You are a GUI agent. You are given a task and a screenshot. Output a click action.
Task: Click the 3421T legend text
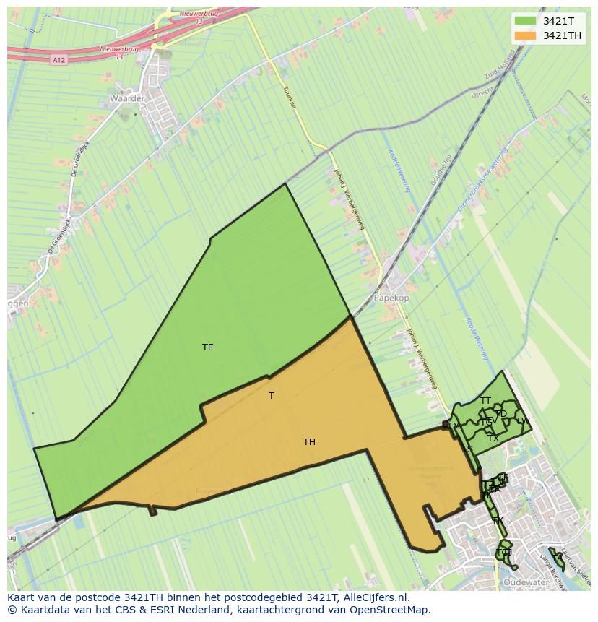point(558,21)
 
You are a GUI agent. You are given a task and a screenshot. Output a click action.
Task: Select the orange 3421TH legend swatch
point(525,35)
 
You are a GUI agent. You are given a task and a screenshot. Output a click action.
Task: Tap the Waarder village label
point(127,98)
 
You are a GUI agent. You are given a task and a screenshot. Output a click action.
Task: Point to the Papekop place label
point(391,298)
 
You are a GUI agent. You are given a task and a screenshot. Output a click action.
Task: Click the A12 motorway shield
point(59,60)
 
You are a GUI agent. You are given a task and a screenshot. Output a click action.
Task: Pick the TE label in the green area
point(208,347)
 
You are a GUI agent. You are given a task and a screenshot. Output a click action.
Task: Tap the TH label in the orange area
point(309,442)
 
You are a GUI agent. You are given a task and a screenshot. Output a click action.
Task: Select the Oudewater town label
point(526,582)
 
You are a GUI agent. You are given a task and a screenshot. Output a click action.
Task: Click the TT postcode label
point(485,401)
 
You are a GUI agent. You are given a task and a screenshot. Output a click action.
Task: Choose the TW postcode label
point(523,421)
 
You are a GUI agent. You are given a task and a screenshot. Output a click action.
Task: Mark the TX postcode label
point(493,439)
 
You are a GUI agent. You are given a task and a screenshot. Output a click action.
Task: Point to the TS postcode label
point(467,449)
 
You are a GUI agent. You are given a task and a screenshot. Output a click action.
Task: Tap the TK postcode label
point(497,521)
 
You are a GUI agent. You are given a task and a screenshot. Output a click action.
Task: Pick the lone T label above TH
point(272,396)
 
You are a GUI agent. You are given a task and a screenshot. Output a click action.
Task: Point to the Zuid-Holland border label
point(500,65)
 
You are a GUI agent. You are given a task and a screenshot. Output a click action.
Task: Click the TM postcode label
point(454,426)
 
